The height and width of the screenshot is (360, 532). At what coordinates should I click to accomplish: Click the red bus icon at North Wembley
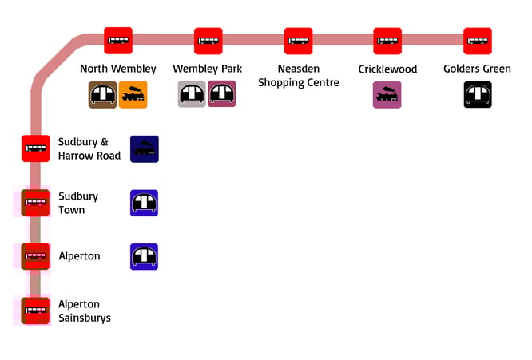[x=118, y=41]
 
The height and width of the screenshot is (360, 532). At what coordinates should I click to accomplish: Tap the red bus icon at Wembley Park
[x=208, y=41]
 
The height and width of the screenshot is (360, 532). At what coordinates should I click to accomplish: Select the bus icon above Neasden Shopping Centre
[x=298, y=41]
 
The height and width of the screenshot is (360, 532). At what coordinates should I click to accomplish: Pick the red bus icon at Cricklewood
[x=387, y=41]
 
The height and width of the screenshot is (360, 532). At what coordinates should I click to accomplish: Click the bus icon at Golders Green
[x=478, y=41]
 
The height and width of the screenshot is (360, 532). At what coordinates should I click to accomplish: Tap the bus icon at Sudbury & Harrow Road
[x=36, y=148]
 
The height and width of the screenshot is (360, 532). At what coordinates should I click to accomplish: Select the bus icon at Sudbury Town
[x=36, y=203]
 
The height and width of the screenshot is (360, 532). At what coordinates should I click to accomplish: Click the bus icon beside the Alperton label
[x=36, y=256]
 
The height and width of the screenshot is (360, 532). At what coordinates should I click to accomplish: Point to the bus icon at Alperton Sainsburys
[x=36, y=311]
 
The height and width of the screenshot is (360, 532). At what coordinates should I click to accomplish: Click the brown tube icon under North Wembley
[x=102, y=95]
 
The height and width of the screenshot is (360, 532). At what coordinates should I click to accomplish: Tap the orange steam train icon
[x=133, y=95]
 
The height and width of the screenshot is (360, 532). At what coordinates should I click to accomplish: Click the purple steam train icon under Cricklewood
[x=387, y=95]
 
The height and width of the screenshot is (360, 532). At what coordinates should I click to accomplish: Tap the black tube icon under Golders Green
[x=478, y=95]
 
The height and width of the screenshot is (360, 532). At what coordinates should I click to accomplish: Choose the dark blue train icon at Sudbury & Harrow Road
[x=145, y=148]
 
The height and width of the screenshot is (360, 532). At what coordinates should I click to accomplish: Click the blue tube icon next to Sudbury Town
[x=145, y=203]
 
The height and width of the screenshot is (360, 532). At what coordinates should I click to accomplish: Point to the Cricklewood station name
[x=387, y=69]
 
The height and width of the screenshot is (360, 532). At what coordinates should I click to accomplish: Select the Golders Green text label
[x=477, y=69]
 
